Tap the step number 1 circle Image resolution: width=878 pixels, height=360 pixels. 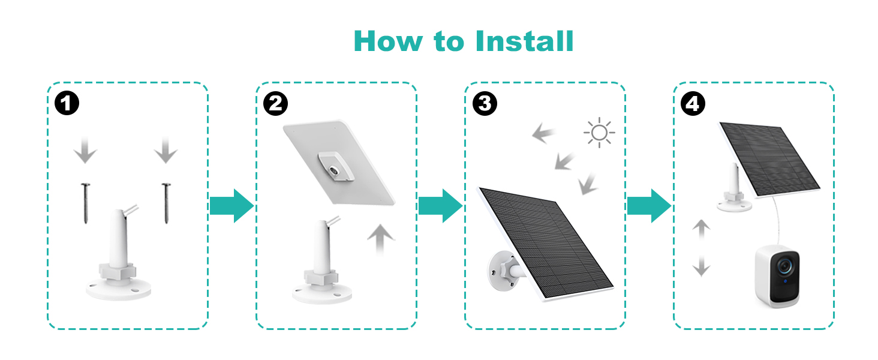[67, 104]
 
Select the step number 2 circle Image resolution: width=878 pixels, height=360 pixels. [276, 104]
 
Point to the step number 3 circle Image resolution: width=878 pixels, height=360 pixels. [485, 104]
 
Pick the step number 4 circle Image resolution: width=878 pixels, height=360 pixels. [693, 104]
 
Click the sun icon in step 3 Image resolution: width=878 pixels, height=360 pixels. [599, 133]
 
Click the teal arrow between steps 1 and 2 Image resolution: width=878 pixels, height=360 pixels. [231, 206]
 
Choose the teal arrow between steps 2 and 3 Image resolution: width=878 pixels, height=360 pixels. [440, 206]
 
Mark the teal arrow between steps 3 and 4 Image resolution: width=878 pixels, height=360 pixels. [649, 206]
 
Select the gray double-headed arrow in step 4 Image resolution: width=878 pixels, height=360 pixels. [700, 248]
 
